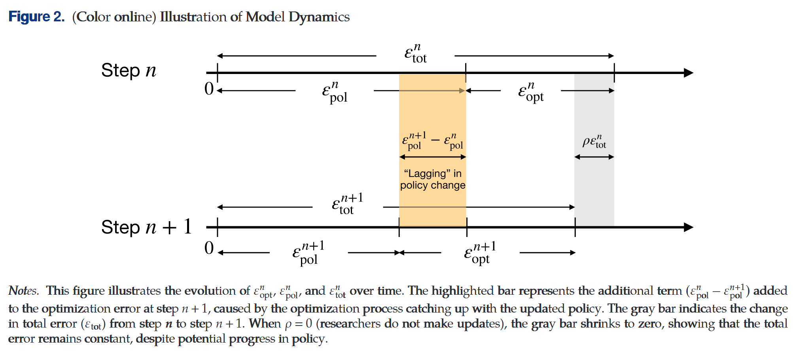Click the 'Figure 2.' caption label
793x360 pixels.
(36, 17)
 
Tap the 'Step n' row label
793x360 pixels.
(129, 70)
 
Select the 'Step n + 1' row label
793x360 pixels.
(146, 227)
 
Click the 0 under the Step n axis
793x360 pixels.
(209, 89)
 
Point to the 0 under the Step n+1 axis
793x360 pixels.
(209, 248)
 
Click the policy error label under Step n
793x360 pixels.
(335, 93)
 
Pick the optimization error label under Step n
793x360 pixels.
(531, 92)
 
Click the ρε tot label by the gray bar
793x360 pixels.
(594, 142)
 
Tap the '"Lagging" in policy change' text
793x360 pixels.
(432, 179)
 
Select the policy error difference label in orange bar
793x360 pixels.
(432, 141)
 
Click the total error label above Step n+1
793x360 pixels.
(347, 204)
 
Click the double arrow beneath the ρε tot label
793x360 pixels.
(594, 157)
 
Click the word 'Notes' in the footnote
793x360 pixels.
(23, 291)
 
